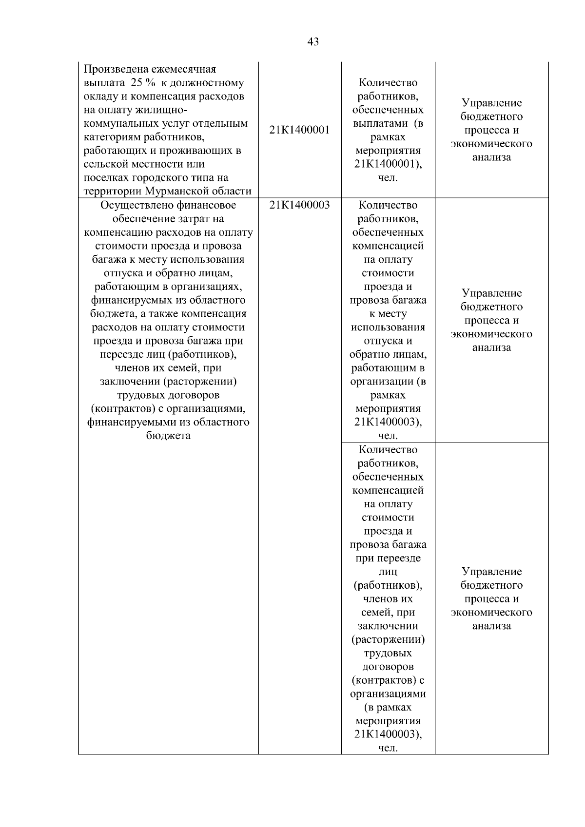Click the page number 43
coord(313,42)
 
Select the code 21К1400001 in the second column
coord(299,130)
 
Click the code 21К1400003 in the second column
coord(299,205)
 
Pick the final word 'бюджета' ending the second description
coord(168,436)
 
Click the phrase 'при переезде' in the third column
coord(388,558)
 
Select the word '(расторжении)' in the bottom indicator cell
coord(388,639)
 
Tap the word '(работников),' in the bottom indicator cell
coord(388,585)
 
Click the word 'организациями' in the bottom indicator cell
coord(388,694)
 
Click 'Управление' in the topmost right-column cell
coord(491,103)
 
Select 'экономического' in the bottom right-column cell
coord(491,613)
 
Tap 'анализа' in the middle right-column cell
coord(491,348)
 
